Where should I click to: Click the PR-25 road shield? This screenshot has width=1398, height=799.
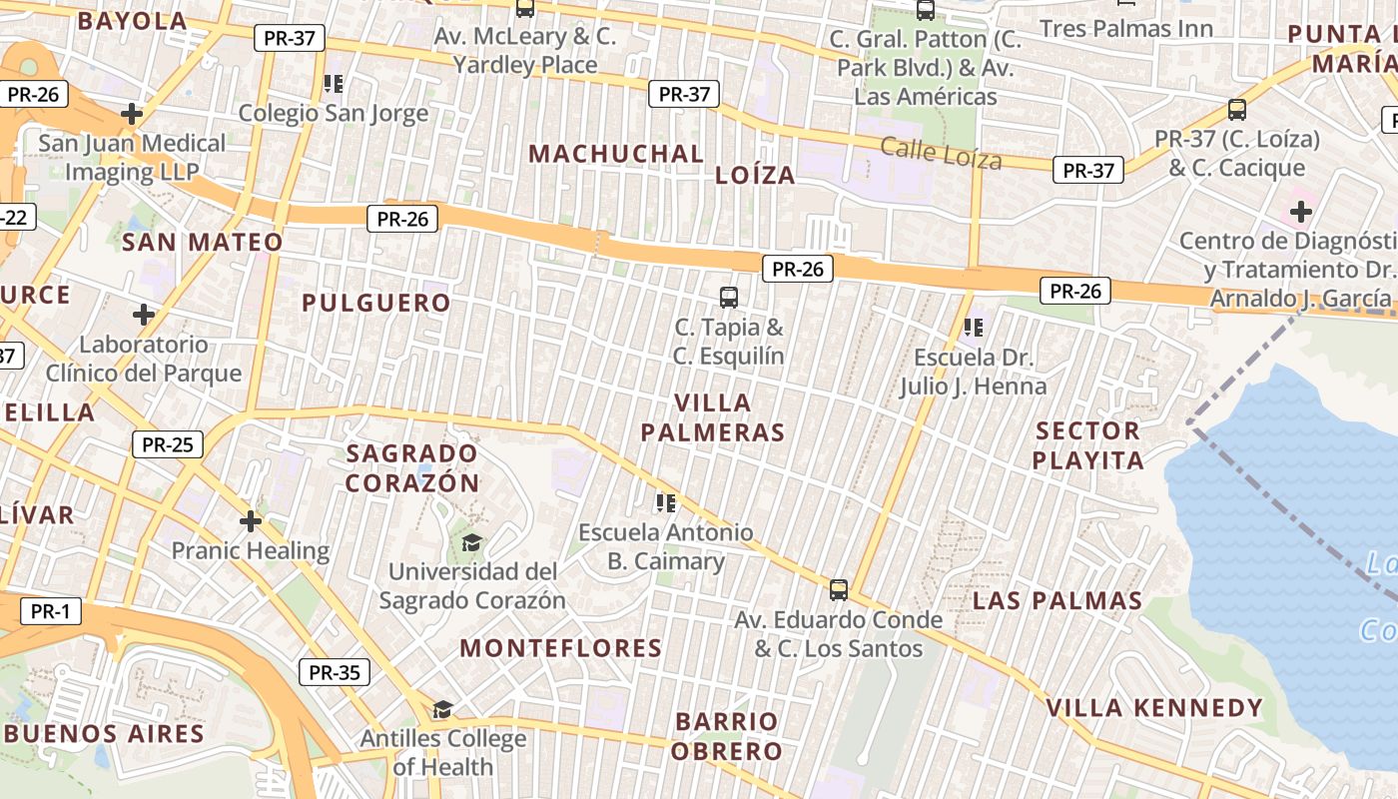[x=167, y=444]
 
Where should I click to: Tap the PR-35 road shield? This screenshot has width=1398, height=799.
[x=335, y=672]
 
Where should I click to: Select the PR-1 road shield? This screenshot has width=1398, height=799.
[x=49, y=612]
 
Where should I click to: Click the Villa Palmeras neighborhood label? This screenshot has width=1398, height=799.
[x=712, y=417]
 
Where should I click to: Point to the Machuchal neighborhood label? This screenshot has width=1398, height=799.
[x=616, y=154]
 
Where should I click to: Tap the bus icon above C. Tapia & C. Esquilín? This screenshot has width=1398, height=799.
[x=729, y=297]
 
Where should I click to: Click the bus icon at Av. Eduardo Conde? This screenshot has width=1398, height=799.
[x=839, y=589]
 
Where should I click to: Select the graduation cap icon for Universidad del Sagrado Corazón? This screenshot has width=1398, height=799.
[x=471, y=542]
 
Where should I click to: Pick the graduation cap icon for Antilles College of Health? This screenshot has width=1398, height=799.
[x=442, y=709]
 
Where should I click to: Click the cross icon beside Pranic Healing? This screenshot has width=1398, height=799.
[x=251, y=520]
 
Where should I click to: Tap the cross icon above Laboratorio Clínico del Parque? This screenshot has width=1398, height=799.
[x=144, y=315]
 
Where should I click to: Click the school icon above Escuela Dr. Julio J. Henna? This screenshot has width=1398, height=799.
[x=974, y=327]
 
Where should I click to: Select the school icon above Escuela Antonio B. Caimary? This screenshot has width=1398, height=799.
[x=666, y=502]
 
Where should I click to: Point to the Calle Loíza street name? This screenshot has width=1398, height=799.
[x=941, y=153]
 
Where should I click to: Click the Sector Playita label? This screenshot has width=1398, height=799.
[x=1087, y=445]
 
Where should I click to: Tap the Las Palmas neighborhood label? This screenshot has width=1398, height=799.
[x=1057, y=600]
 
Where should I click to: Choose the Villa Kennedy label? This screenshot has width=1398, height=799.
[x=1154, y=708]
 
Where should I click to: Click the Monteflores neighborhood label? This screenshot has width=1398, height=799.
[x=560, y=648]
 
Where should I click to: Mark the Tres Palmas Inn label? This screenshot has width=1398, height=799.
[x=1126, y=28]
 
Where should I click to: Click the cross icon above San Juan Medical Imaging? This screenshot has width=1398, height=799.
[x=132, y=114]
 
